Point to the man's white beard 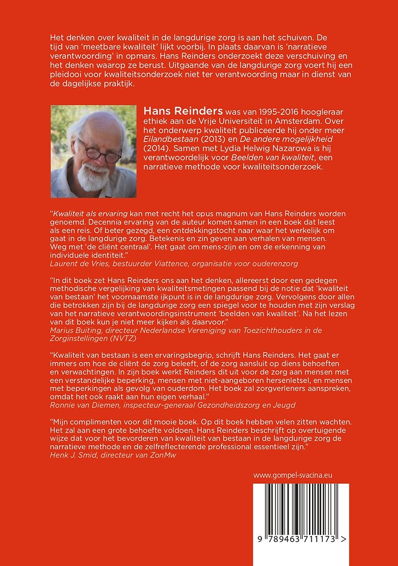point(94,176)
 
